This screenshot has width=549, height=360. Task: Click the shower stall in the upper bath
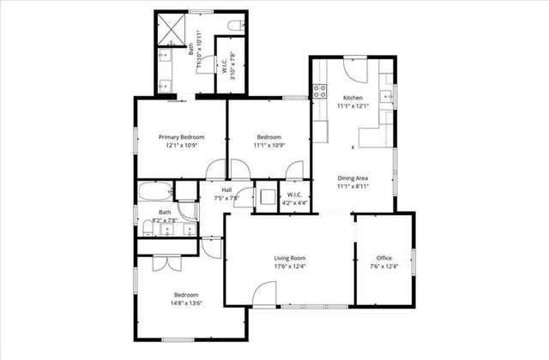(x=172, y=30)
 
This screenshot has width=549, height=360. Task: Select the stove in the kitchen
(x=321, y=91)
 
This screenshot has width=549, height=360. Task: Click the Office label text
(x=384, y=257)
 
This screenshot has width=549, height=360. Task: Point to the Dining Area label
(x=353, y=177)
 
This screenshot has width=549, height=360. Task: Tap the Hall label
(x=226, y=190)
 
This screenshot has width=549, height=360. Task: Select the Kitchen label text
(x=353, y=97)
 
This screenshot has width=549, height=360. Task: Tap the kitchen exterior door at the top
(x=354, y=68)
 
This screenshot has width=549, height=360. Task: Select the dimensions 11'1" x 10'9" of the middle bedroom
(x=268, y=146)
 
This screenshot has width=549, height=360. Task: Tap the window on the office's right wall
(x=413, y=261)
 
